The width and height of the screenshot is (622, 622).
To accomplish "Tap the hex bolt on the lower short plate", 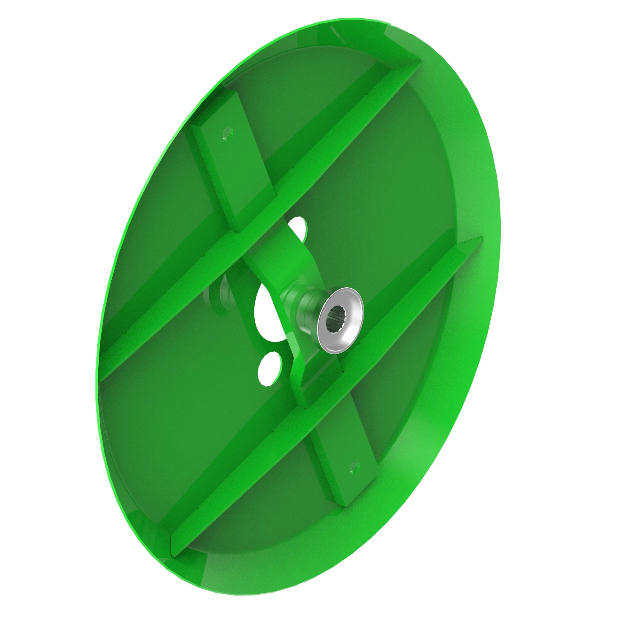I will click(x=355, y=466).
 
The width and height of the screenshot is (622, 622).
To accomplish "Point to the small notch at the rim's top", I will click(x=335, y=32).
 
